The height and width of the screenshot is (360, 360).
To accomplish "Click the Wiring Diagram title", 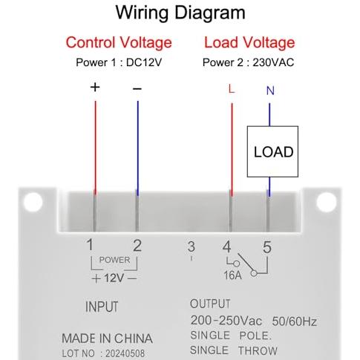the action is tap(180, 13).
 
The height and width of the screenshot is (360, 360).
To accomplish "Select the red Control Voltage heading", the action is tap(119, 42).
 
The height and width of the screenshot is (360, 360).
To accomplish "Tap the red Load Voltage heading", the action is tap(249, 42).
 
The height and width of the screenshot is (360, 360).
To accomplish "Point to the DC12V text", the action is tap(144, 62).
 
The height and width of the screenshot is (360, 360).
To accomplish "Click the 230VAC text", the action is tap(273, 62).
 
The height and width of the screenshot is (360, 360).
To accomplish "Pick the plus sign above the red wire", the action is tap(95, 87).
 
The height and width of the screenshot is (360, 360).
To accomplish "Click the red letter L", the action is tap(232, 89).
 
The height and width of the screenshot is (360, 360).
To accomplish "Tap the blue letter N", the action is tap(270, 91).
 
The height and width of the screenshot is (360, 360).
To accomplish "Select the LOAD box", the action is tap(272, 151).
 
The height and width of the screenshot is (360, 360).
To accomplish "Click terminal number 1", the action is tap(90, 245).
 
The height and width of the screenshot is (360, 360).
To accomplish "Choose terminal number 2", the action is tap(137, 246).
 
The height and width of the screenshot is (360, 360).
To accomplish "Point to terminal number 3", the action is tap(191, 246).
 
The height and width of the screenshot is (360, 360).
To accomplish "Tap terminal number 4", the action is tap(226, 246).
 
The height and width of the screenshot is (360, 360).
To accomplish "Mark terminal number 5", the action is tap(267, 247).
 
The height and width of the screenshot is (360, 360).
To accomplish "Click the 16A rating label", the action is tap(232, 275).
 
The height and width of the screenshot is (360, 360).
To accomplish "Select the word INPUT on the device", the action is tap(102, 307).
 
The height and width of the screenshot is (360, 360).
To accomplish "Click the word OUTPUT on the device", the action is tap(210, 304).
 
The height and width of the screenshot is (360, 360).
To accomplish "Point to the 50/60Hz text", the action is tap(295, 321).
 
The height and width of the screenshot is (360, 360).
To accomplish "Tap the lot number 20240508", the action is tap(125, 353).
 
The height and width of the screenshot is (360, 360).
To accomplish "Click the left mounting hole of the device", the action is tap(33, 202).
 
